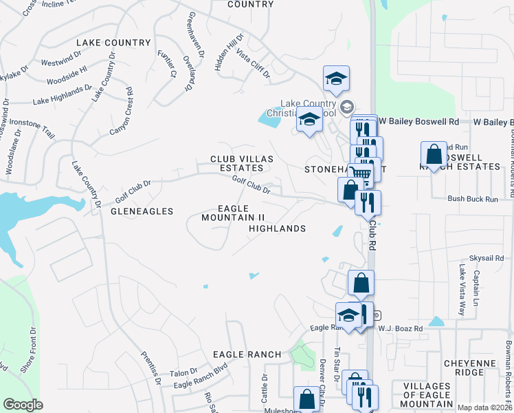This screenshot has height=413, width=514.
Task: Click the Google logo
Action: (x=23, y=405)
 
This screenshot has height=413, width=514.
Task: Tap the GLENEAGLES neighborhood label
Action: (x=142, y=211)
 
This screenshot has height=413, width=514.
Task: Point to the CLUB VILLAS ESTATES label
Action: (x=242, y=163)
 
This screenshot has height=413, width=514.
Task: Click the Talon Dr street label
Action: (x=183, y=372)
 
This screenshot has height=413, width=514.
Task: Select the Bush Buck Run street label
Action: (x=472, y=199)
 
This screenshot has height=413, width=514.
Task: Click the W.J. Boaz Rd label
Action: (x=400, y=328)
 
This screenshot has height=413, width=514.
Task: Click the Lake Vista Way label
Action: (x=461, y=289)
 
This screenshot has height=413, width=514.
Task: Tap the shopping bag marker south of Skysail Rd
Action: (x=361, y=282)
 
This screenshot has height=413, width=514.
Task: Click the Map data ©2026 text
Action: (x=484, y=407)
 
